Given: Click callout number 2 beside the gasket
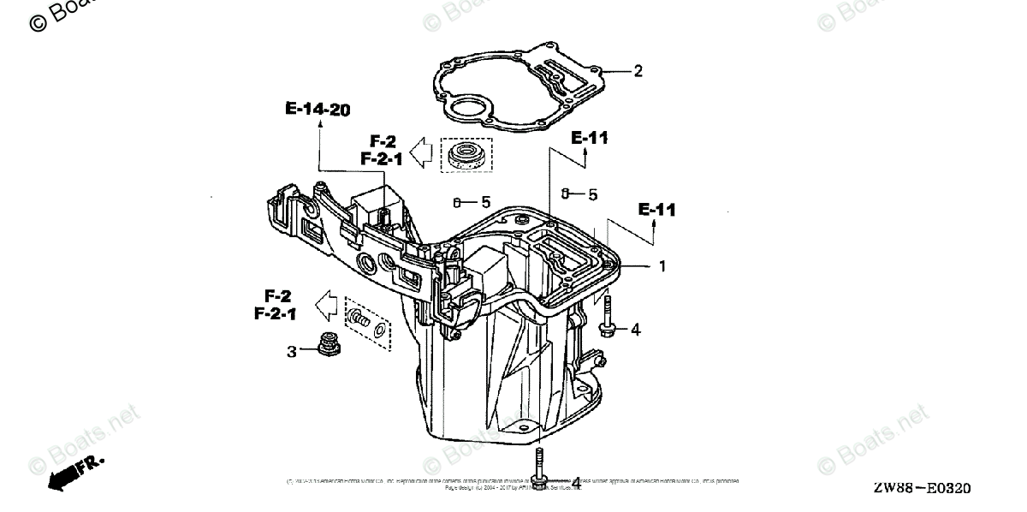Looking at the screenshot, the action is pos(638,72).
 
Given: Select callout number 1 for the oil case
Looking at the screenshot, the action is pos(661,266).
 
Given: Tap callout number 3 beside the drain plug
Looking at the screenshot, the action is pos(292,351).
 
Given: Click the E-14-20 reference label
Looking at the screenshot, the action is pos(318,109).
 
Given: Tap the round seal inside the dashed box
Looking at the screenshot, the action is pos(466,156).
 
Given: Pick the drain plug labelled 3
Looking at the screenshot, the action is pos(326,345).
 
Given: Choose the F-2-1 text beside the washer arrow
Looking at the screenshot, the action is pos(276,314).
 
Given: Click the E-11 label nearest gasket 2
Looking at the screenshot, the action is pos(589,137).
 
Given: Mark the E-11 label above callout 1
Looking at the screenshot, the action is pos(656,209).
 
